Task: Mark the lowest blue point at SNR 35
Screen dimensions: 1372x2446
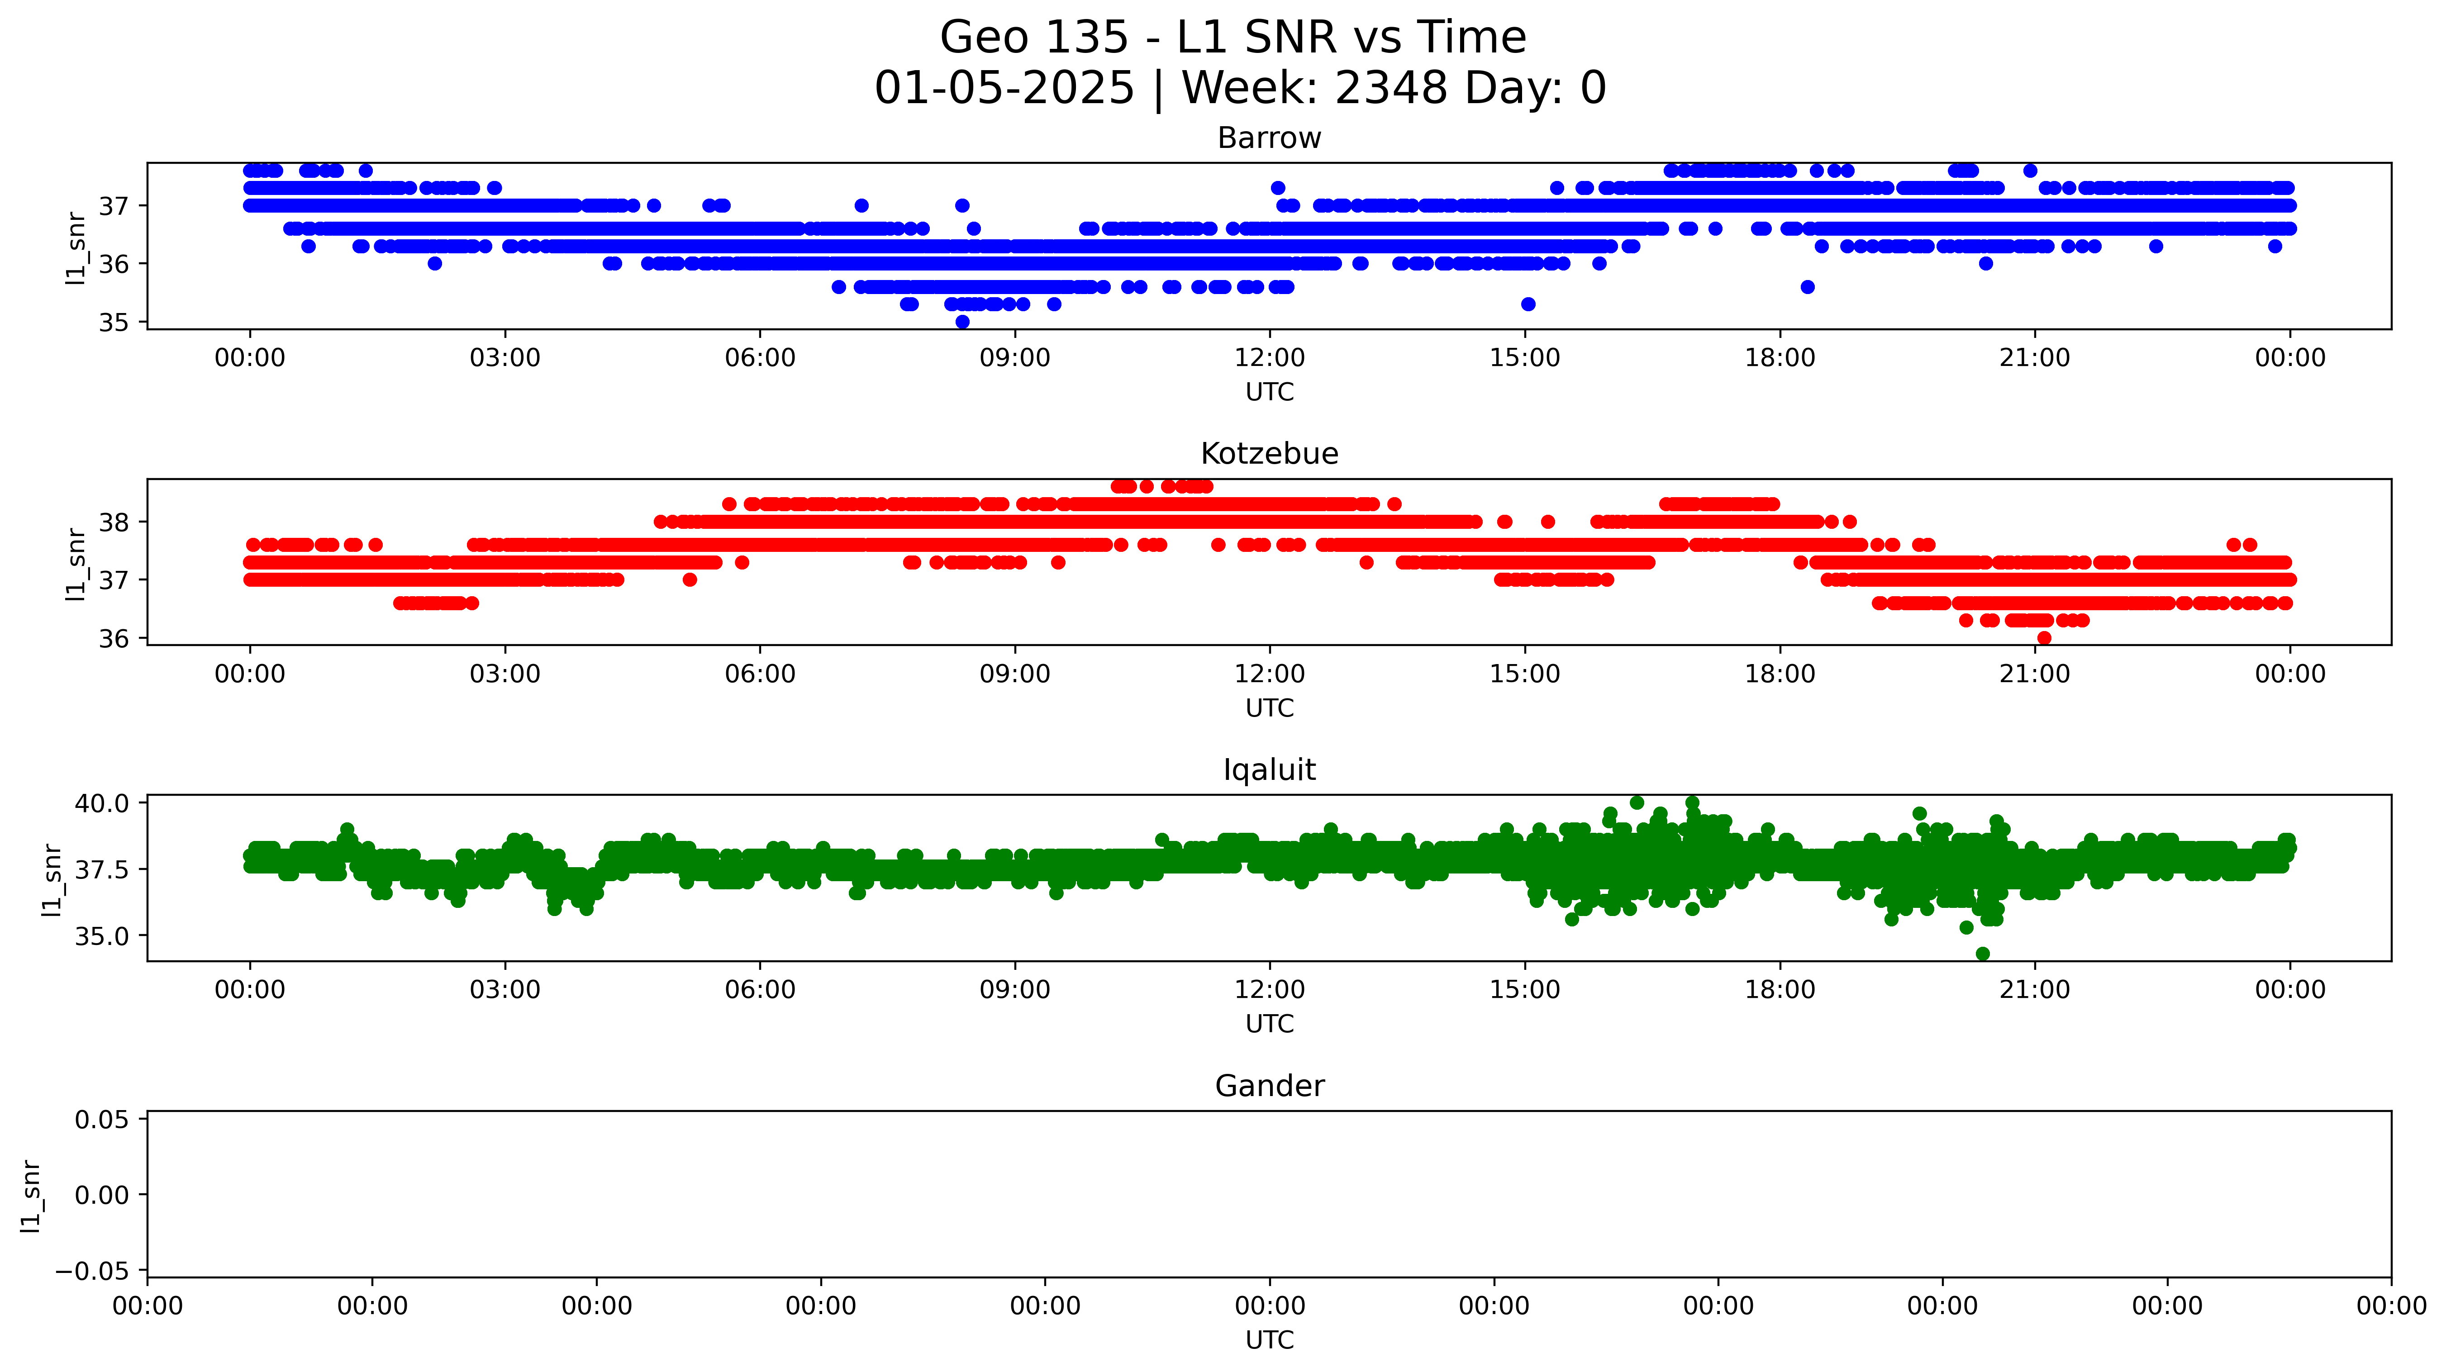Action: [x=962, y=322]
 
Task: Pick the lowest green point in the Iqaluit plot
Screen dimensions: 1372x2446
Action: [x=1983, y=953]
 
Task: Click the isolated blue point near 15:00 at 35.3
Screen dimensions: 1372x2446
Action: [x=1528, y=304]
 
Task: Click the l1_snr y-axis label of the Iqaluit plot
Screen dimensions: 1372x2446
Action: [x=52, y=880]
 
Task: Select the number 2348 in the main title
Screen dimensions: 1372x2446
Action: [x=1391, y=88]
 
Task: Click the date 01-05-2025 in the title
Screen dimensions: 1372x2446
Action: [x=1004, y=88]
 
